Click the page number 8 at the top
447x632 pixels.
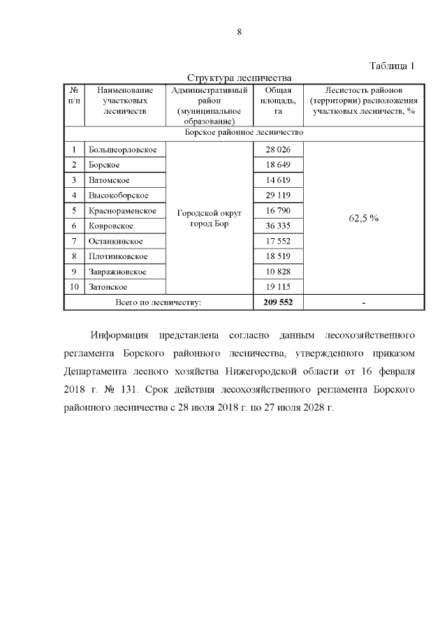[238, 31]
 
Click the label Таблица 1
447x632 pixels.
[391, 66]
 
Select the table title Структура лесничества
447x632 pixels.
[238, 78]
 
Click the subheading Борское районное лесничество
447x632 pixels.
[244, 131]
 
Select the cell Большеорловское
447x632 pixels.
[122, 149]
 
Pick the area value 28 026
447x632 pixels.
[278, 149]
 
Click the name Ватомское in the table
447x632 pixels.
[108, 179]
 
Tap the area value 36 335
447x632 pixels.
[278, 226]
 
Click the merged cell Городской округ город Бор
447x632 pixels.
[210, 218]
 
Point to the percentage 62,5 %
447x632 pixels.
[363, 218]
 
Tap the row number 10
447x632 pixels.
[74, 286]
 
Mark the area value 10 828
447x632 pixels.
[278, 271]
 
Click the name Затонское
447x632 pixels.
[108, 286]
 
